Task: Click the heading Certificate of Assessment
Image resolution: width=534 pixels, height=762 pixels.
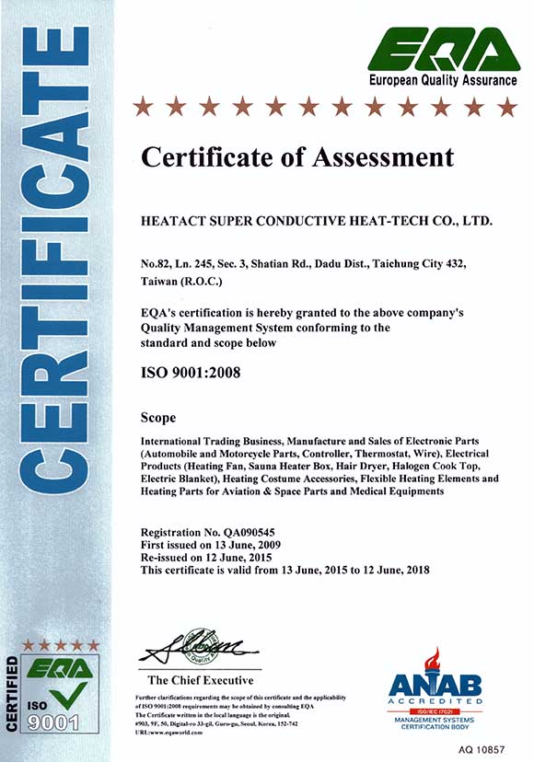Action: point(296,156)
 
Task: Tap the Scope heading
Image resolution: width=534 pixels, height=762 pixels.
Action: point(159,417)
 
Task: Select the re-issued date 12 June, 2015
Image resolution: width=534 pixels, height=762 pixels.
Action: point(249,558)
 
